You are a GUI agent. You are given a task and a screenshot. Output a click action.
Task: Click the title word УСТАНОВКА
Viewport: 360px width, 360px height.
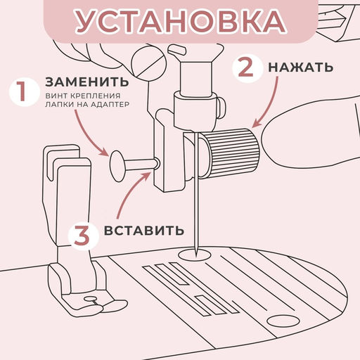(180, 22)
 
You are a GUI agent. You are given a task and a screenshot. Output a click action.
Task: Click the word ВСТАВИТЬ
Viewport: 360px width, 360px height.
(144, 231)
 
